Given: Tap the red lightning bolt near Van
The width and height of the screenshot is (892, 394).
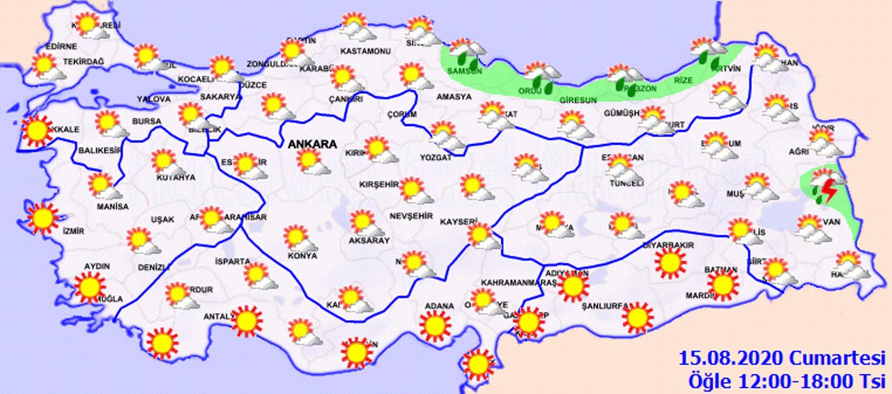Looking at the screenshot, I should point(829,189).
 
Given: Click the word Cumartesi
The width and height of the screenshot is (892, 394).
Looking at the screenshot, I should point(837,359).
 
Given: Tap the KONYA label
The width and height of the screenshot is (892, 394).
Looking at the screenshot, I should point(302,255).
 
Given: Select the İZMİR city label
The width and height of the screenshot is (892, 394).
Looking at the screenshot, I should point(72,231).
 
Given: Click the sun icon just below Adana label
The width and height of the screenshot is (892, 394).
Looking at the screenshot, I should point(436,325).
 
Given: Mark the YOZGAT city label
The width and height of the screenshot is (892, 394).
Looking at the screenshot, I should point(436,158).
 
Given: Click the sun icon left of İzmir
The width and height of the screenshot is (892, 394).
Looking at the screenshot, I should point(42,219).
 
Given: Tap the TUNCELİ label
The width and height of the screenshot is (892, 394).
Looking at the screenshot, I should point(625,183).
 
